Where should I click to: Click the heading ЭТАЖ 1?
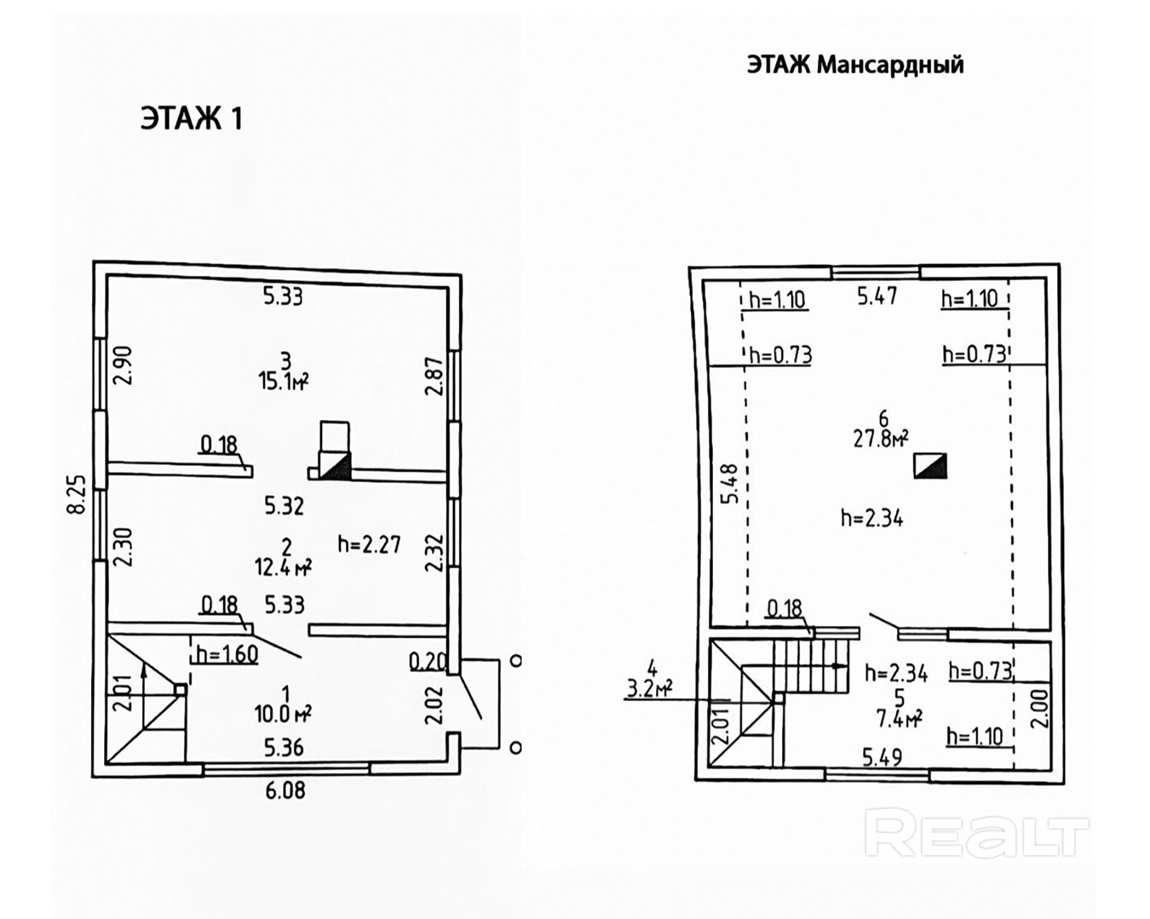tap(192, 118)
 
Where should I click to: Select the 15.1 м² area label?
tap(283, 380)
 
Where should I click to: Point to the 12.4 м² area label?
tap(283, 566)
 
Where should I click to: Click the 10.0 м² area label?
tap(283, 714)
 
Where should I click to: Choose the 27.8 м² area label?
tap(880, 439)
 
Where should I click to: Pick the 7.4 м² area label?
tap(899, 718)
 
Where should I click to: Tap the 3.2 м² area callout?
tap(649, 689)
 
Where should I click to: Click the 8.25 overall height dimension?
tap(77, 494)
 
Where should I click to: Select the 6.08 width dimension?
tap(286, 791)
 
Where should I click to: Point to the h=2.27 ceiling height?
tap(369, 544)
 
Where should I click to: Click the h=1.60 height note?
tap(227, 654)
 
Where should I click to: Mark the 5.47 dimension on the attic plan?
tap(877, 296)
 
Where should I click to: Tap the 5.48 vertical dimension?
tap(728, 484)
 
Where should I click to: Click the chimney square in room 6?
tap(930, 465)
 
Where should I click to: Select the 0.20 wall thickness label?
tap(428, 661)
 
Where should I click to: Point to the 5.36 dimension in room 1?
tap(284, 748)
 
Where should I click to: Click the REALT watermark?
tap(977, 833)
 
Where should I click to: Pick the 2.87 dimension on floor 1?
tap(434, 376)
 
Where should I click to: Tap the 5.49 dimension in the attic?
tap(882, 758)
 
